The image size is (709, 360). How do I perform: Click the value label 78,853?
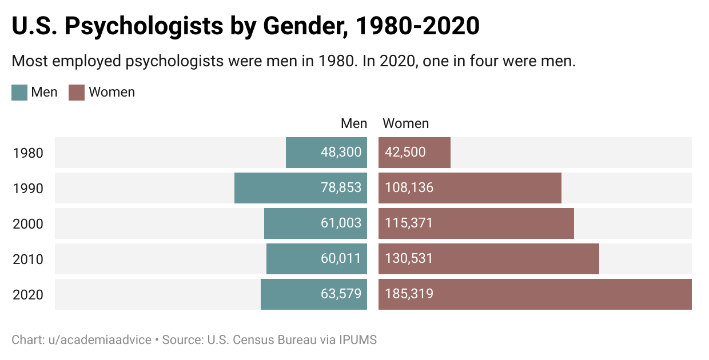(x=341, y=188)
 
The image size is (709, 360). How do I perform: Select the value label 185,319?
(x=408, y=294)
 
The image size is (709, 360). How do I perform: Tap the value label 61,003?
(x=341, y=223)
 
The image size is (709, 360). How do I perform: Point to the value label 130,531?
(x=408, y=259)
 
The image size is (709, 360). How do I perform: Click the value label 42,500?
(x=404, y=153)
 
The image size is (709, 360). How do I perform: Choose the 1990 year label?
(x=28, y=189)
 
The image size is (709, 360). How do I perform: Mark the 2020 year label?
(x=28, y=295)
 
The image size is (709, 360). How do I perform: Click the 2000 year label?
(x=28, y=224)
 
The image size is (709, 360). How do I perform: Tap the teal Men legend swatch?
(x=19, y=93)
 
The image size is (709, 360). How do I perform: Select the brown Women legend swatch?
(x=77, y=93)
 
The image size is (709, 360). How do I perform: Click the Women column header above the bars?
(x=405, y=123)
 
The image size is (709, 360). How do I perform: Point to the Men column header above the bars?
(x=354, y=123)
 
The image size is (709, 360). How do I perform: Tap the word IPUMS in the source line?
(x=357, y=340)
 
